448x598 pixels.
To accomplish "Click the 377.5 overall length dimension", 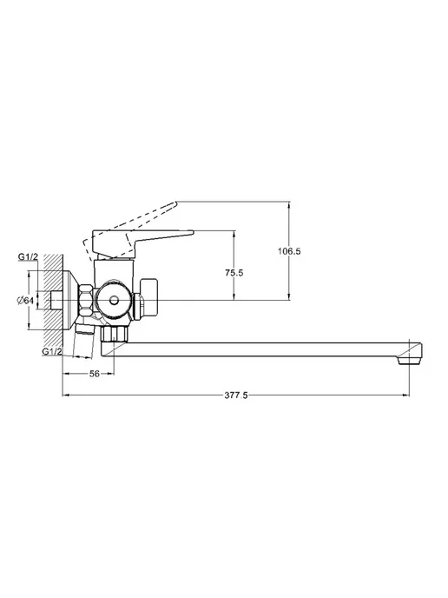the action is pyautogui.click(x=236, y=395).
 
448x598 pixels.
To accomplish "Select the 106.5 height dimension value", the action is pyautogui.click(x=289, y=251).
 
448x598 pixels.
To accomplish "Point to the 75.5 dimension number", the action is pyautogui.click(x=234, y=273).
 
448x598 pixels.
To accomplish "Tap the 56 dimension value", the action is pyautogui.click(x=94, y=374).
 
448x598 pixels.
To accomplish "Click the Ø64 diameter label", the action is pyautogui.click(x=25, y=300).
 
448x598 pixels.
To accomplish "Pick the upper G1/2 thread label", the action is pyautogui.click(x=28, y=257).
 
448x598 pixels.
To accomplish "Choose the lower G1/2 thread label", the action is pyautogui.click(x=52, y=351).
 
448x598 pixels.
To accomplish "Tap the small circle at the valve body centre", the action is pyautogui.click(x=113, y=301).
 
